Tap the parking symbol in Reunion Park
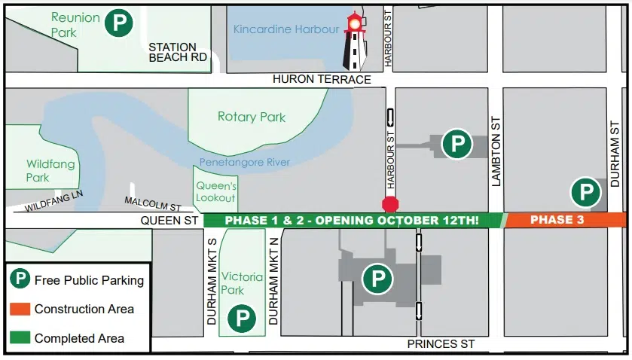pyautogui.click(x=118, y=23)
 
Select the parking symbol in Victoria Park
pyautogui.click(x=242, y=317)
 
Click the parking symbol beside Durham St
pyautogui.click(x=585, y=192)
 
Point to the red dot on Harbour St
pyautogui.click(x=390, y=204)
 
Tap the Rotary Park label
pyautogui.click(x=252, y=117)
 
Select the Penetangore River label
pyautogui.click(x=244, y=163)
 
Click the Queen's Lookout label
pyautogui.click(x=215, y=192)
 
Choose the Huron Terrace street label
pyautogui.click(x=322, y=79)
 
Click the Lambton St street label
pyautogui.click(x=496, y=151)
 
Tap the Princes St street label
pyautogui.click(x=441, y=343)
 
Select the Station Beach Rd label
pyautogui.click(x=178, y=52)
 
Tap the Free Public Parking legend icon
pyautogui.click(x=20, y=280)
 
